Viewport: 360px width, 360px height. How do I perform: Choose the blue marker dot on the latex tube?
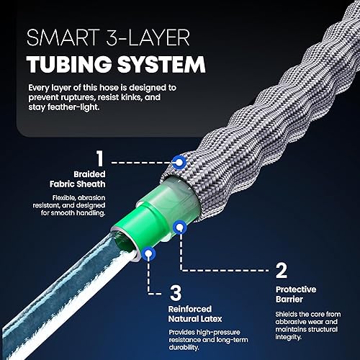[148, 253]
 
